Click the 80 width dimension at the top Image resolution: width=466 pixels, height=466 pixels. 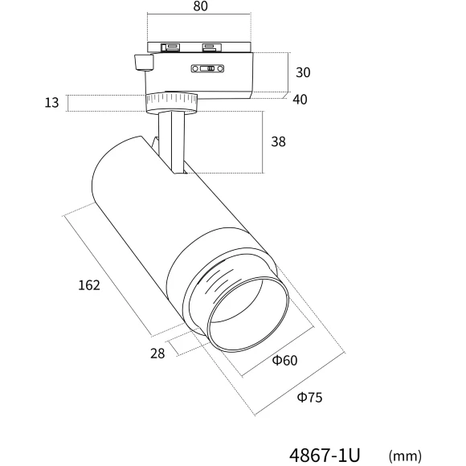coord(200,6)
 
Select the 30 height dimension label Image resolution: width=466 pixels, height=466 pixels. coord(303,72)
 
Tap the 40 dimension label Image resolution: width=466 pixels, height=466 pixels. coord(300,100)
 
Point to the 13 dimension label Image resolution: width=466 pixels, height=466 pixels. coord(51,103)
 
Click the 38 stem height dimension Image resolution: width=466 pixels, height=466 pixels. coord(278,141)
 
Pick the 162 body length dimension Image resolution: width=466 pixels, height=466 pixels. coord(89,285)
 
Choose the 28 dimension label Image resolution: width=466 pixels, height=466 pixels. coord(157,354)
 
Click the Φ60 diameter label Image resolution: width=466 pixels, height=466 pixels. coord(284,361)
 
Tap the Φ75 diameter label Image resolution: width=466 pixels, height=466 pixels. coord(309,398)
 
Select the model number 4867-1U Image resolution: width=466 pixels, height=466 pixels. coord(325,455)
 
